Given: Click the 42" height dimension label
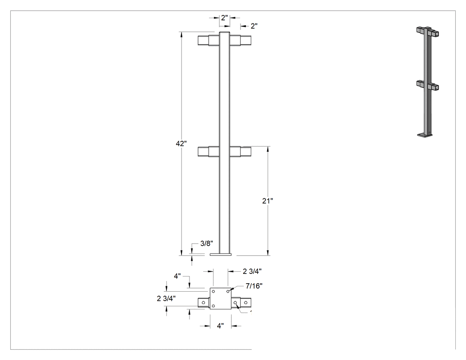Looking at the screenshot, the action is click(181, 143).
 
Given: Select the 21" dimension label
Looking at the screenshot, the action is click(268, 201).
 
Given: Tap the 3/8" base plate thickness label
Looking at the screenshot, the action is click(206, 243).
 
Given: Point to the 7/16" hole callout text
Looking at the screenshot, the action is click(254, 286).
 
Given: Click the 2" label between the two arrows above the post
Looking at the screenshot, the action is click(225, 18).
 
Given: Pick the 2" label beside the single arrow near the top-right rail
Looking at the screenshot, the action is click(254, 26).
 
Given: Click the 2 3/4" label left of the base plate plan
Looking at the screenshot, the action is click(166, 298).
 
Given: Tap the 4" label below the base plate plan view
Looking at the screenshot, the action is click(220, 326).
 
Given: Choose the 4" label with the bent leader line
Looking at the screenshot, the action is click(177, 276).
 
